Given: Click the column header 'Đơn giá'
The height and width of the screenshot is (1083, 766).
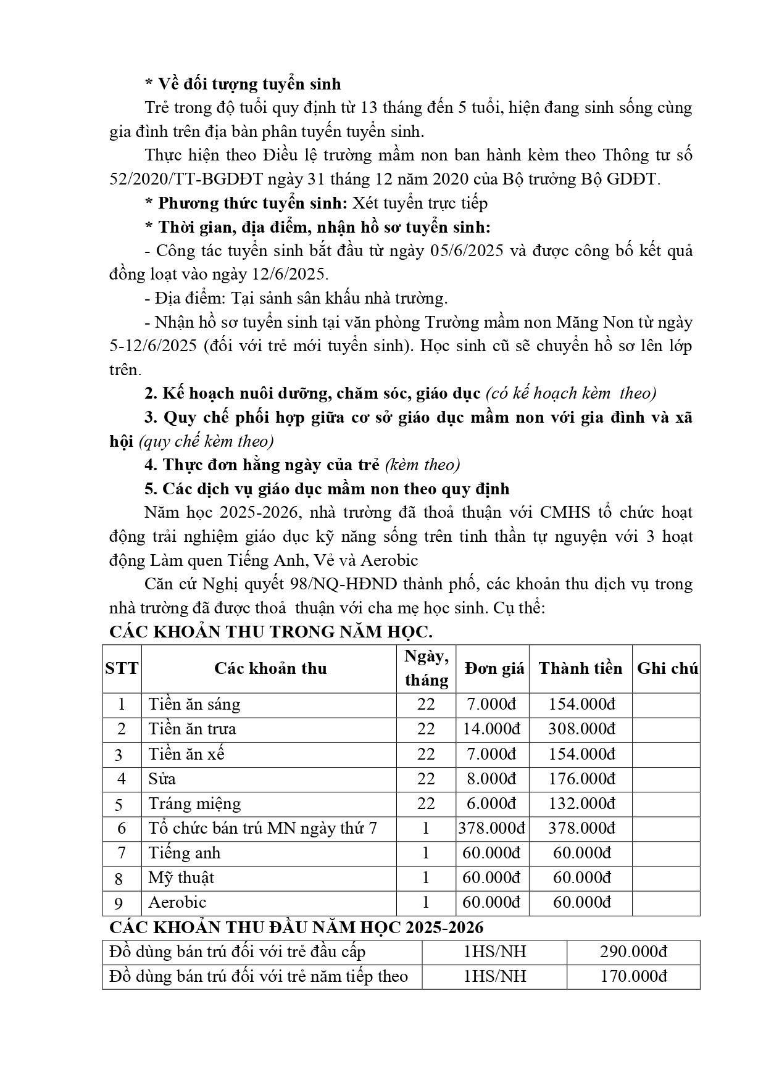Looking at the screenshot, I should point(494,668).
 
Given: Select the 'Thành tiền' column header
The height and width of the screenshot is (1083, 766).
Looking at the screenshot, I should point(580,668).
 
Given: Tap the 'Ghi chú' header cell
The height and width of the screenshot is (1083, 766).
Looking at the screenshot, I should point(667,668).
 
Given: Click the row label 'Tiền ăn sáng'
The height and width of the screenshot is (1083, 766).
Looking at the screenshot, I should point(194,704).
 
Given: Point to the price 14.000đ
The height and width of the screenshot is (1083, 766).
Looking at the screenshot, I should point(492,729).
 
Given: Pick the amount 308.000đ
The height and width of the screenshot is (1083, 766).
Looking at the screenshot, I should point(581,729).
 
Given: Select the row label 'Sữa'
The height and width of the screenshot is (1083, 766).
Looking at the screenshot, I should point(162,779).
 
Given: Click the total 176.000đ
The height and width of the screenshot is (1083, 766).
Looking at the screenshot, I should point(581,779).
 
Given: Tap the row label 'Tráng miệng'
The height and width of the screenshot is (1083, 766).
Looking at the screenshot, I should point(194,803).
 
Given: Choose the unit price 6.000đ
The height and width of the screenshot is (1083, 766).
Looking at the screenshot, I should point(492,803).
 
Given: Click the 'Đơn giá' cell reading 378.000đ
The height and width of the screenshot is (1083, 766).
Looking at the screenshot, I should point(492,828).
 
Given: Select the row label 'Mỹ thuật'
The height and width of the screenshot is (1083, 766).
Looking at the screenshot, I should point(181,878).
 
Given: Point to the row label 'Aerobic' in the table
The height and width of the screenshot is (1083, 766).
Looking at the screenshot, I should point(177,902).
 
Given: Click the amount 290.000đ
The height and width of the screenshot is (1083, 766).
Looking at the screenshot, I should point(633,952).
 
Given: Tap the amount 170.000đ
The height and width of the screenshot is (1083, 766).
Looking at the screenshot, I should point(633,976).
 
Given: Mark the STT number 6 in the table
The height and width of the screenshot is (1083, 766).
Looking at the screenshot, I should point(121,828).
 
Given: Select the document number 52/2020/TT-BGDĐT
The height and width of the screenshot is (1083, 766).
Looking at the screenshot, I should point(186,179).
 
